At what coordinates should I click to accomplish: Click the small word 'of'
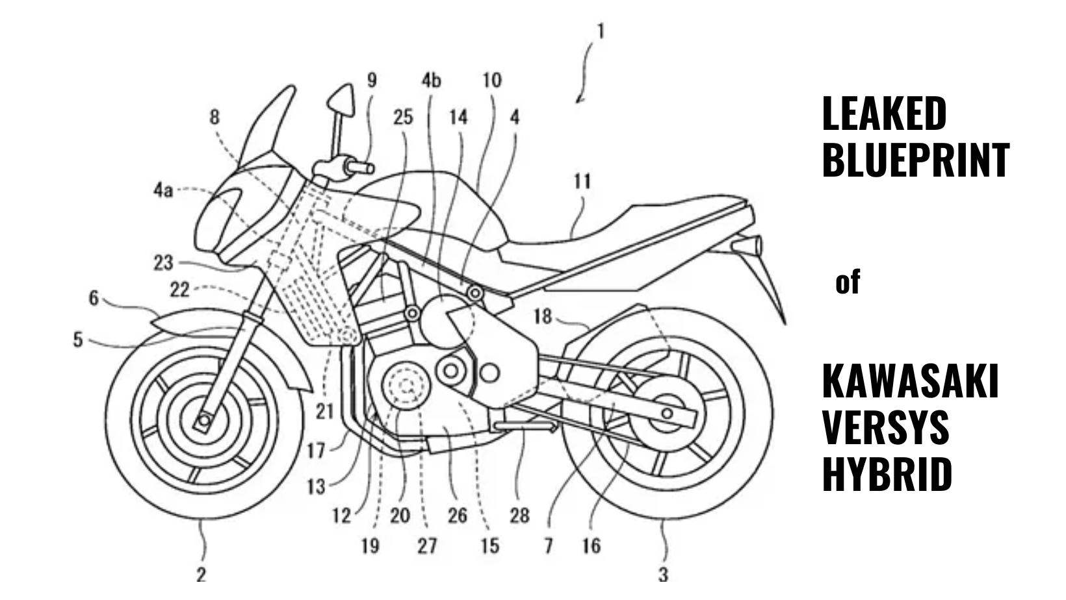click(x=848, y=282)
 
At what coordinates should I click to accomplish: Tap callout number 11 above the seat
click(x=582, y=182)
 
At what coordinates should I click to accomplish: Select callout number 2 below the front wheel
click(x=201, y=574)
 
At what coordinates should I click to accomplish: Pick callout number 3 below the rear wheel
click(x=664, y=574)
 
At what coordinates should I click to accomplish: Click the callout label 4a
click(x=162, y=191)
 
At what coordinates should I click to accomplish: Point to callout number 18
click(x=543, y=316)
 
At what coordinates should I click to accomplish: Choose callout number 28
click(x=520, y=516)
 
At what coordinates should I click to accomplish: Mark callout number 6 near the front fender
click(x=94, y=298)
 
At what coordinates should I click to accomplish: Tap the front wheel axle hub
click(x=205, y=420)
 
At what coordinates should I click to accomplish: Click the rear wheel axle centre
click(x=667, y=413)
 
